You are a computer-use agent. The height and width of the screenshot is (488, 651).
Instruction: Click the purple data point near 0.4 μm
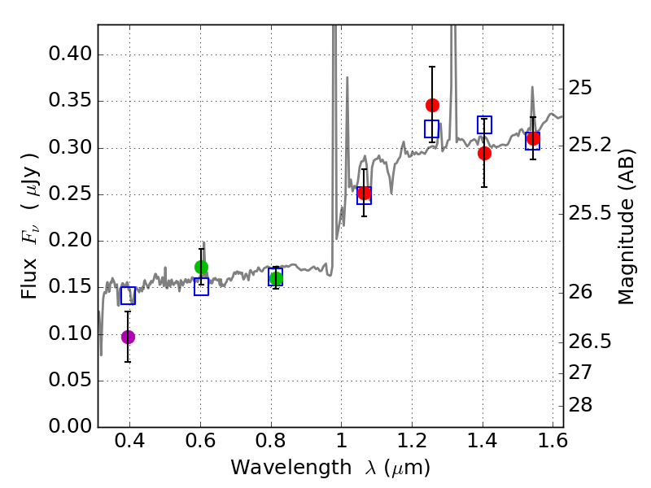pyautogui.click(x=128, y=337)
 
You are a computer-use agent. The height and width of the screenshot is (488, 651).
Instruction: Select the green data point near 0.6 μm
pyautogui.click(x=202, y=267)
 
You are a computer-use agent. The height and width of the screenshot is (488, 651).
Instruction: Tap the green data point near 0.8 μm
pyautogui.click(x=276, y=279)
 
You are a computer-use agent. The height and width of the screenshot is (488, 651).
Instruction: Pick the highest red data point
pyautogui.click(x=432, y=105)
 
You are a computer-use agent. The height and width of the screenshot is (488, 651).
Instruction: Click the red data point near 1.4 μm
pyautogui.click(x=484, y=153)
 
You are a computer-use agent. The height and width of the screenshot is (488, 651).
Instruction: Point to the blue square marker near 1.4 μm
pyautogui.click(x=484, y=124)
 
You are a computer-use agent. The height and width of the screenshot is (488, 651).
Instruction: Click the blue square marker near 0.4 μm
pyautogui.click(x=128, y=295)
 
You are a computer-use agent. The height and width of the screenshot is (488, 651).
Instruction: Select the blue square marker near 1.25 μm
pyautogui.click(x=431, y=129)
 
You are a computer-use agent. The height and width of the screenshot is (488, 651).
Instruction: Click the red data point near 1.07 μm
pyautogui.click(x=364, y=194)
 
